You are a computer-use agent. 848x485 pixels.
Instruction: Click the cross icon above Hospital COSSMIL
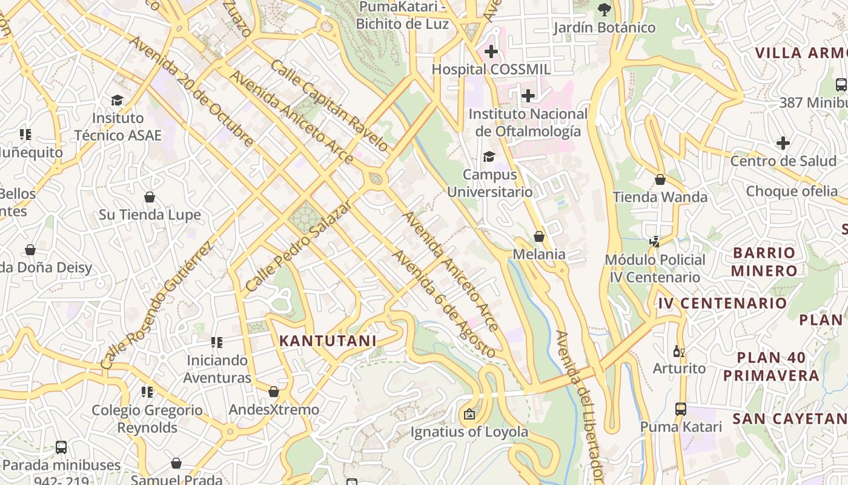491,52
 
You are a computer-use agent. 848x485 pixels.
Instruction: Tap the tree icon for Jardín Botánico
604,9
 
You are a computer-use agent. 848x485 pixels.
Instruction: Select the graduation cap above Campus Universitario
489,157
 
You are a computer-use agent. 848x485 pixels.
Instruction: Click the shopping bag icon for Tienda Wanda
660,179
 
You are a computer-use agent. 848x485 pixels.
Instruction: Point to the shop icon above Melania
539,236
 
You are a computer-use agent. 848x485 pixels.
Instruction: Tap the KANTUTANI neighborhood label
328,341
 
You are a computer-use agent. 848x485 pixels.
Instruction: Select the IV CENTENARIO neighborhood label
723,303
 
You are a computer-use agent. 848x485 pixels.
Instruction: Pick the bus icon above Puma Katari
681,409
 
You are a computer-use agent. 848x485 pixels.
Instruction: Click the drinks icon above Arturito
679,351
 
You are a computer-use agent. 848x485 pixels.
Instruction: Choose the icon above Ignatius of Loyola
469,415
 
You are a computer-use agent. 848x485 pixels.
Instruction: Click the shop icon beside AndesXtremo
274,392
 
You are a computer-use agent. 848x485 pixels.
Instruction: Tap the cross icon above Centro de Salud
783,144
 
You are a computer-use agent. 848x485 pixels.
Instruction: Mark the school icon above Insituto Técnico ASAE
117,100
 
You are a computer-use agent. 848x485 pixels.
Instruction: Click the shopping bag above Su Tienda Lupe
150,197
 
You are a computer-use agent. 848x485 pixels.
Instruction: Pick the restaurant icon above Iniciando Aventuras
216,343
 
